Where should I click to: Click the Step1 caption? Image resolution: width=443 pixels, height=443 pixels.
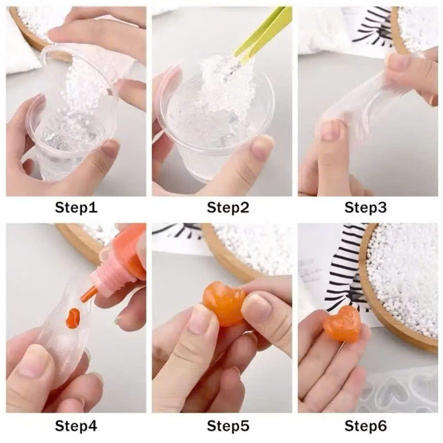coord(76,207)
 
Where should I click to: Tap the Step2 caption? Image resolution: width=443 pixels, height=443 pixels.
coord(228,207)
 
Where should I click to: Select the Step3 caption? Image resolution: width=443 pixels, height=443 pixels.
coord(365,207)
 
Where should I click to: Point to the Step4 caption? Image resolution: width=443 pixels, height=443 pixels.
coord(76,426)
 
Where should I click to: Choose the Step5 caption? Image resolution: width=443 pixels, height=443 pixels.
coord(228,426)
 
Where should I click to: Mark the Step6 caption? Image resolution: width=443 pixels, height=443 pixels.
coord(365,426)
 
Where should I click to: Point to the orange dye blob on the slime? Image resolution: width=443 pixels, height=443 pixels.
coord(73,318)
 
